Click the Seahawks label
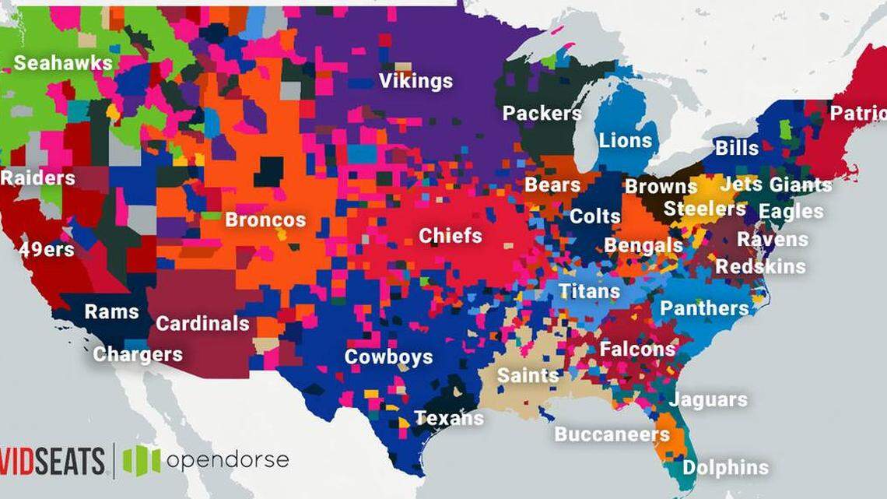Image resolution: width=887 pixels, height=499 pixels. pyautogui.click(x=63, y=63)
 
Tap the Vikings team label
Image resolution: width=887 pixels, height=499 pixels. pyautogui.click(x=415, y=81)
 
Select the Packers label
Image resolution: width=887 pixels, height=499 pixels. pyautogui.click(x=542, y=114)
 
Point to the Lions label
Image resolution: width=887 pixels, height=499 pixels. pyautogui.click(x=626, y=141)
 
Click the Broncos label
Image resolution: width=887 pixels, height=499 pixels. pyautogui.click(x=265, y=220)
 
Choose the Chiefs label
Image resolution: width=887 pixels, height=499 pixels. pyautogui.click(x=451, y=236)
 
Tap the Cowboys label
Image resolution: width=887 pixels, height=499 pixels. pyautogui.click(x=388, y=357)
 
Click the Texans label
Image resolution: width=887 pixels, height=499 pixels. pyautogui.click(x=449, y=418)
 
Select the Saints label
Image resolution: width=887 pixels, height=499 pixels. pyautogui.click(x=528, y=375)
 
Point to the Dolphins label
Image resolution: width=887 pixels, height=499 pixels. pyautogui.click(x=725, y=468)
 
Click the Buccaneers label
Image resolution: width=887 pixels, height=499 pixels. pyautogui.click(x=612, y=434)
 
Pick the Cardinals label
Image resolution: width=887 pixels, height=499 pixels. pyautogui.click(x=202, y=323)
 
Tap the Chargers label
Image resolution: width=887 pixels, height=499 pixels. pyautogui.click(x=138, y=355)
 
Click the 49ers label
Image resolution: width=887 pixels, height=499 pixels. pyautogui.click(x=47, y=250)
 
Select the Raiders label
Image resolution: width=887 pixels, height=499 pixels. pyautogui.click(x=37, y=178)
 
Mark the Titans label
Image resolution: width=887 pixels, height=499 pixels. pyautogui.click(x=589, y=292)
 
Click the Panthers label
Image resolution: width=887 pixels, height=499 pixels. pyautogui.click(x=704, y=309)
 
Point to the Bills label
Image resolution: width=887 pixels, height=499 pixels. pyautogui.click(x=736, y=148)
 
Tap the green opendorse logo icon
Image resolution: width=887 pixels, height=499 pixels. pyautogui.click(x=142, y=460)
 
